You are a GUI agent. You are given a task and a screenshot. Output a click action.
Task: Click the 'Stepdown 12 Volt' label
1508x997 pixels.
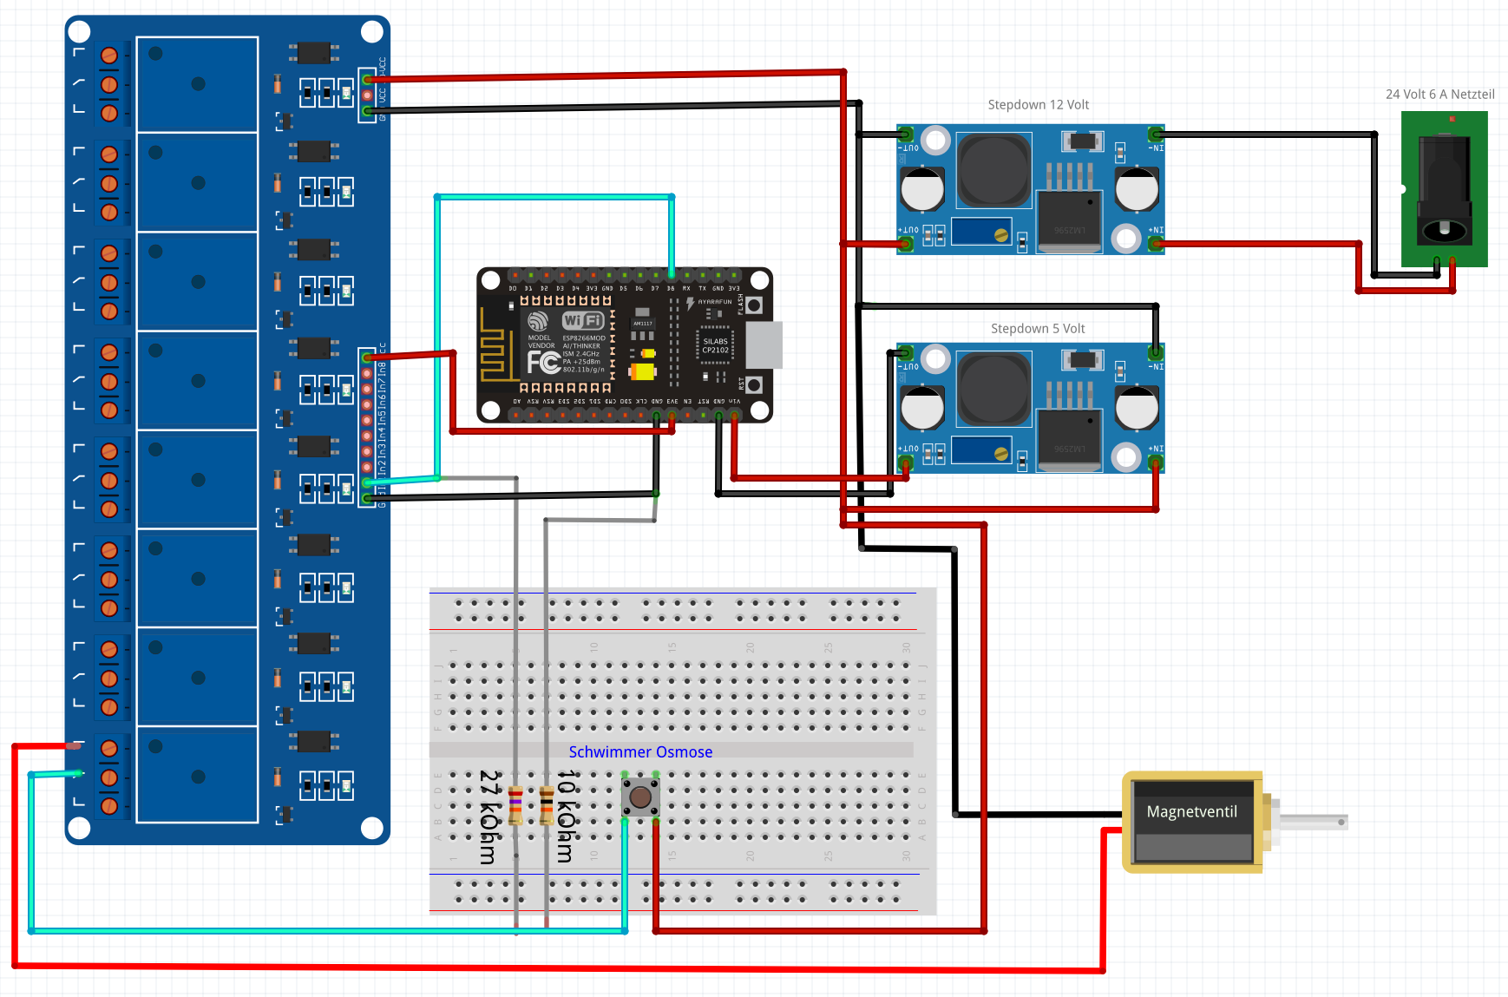click(x=1038, y=105)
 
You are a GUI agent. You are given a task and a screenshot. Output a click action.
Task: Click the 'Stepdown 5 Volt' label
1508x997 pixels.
click(x=1038, y=329)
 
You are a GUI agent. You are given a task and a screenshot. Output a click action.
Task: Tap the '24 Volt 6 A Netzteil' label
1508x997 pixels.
click(x=1439, y=95)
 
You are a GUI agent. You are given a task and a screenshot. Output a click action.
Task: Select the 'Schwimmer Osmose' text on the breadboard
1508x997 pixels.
click(x=640, y=752)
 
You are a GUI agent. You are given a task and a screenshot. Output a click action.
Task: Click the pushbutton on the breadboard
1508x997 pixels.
click(x=640, y=797)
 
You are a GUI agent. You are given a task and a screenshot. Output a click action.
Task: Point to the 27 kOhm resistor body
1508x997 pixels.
click(x=515, y=805)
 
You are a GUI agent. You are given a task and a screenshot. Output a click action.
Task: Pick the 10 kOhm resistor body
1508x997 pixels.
click(x=547, y=805)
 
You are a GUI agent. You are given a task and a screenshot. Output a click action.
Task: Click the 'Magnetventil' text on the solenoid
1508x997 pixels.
click(x=1191, y=812)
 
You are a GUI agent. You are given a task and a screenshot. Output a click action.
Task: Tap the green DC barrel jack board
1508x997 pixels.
click(x=1444, y=189)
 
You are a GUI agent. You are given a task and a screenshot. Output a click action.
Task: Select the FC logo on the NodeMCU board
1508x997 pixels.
click(x=543, y=362)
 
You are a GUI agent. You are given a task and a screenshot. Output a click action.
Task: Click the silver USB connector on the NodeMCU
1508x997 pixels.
click(x=764, y=344)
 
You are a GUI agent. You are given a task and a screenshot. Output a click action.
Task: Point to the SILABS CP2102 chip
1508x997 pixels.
click(x=715, y=345)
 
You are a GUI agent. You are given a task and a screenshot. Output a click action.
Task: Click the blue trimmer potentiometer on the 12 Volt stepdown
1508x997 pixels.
click(x=981, y=233)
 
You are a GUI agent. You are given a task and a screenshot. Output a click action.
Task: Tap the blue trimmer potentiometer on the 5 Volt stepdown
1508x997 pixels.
click(x=981, y=451)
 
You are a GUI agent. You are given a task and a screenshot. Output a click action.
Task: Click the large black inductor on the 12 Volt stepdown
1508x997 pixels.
click(x=993, y=170)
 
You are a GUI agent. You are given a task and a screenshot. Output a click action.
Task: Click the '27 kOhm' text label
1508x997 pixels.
click(x=489, y=817)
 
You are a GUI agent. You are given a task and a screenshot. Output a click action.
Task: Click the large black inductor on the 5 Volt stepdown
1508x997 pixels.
click(x=993, y=389)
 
